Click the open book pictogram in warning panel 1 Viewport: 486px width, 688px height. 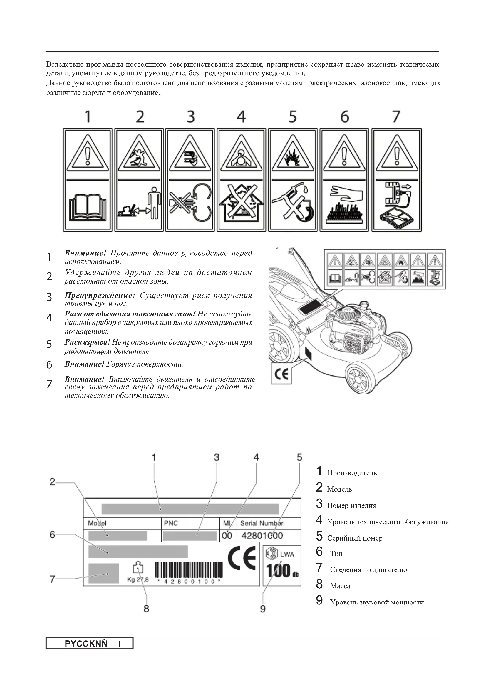[x=87, y=208]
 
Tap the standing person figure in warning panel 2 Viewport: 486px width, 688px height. [x=154, y=203]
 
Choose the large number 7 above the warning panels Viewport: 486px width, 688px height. [x=396, y=116]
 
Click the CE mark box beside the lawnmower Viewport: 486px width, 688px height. [x=281, y=374]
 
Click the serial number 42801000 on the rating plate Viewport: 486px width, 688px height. [x=262, y=535]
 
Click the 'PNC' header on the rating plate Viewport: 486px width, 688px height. [x=171, y=523]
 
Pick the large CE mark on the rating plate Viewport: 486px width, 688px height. [x=242, y=558]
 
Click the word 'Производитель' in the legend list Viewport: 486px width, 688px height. [x=352, y=473]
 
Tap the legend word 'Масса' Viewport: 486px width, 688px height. [x=340, y=586]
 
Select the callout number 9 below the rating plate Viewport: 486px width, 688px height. [x=262, y=609]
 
